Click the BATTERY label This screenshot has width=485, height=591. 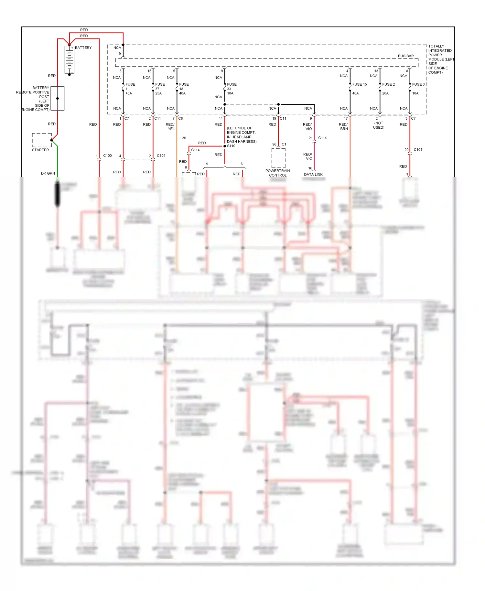83,48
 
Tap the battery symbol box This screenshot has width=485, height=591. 70,60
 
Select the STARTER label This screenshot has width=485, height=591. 40,150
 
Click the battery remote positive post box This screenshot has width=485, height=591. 58,98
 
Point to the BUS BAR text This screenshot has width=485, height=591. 406,56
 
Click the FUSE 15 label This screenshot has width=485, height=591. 360,84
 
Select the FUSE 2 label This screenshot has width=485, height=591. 388,84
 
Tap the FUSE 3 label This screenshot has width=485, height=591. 418,84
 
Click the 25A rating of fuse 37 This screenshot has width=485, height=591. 158,93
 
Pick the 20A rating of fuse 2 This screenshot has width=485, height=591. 385,93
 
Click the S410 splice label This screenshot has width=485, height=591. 231,146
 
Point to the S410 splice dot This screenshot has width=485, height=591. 225,146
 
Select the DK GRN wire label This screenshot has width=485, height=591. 48,174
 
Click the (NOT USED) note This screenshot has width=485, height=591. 379,125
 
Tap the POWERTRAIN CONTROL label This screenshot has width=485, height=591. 278,173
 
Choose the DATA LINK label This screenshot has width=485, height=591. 313,175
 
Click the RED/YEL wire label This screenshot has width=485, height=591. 170,127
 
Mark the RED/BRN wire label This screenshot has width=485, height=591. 343,127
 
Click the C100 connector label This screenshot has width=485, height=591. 107,156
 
